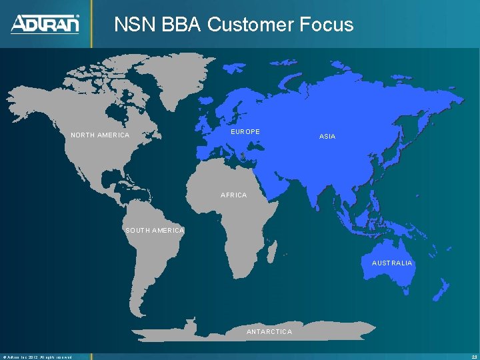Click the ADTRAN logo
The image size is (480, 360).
[x=45, y=24]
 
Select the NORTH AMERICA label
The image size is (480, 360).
[x=100, y=135]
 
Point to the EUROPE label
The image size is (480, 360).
[x=245, y=132]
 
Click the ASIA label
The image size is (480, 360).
[x=327, y=136]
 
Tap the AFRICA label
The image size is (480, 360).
[x=233, y=195]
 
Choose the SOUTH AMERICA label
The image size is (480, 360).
[x=155, y=231]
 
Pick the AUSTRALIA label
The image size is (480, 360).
[x=392, y=263]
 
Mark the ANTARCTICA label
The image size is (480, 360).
[x=269, y=331]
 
